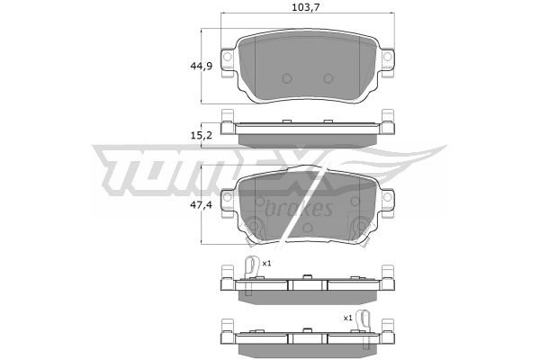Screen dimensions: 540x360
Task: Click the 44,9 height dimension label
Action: [x=202, y=66]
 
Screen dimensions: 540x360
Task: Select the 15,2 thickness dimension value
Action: [x=202, y=136]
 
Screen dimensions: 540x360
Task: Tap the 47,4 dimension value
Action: [x=202, y=205]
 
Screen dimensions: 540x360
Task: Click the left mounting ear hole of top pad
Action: [x=227, y=56]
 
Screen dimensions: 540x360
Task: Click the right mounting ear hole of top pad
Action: [x=388, y=56]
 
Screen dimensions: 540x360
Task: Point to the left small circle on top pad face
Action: [x=287, y=78]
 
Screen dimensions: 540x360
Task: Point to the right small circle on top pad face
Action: [x=328, y=78]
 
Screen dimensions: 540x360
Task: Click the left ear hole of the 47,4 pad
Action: [x=227, y=197]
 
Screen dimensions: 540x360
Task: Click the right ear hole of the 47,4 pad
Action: [x=388, y=197]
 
